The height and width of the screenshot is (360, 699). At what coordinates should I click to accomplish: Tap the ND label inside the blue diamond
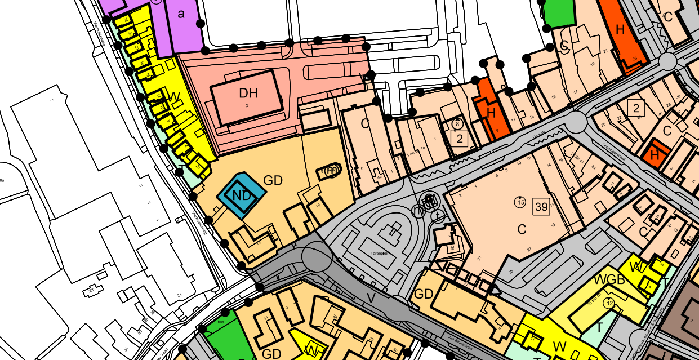click(x=241, y=195)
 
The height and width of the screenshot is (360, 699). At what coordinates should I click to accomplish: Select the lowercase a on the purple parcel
click(x=181, y=14)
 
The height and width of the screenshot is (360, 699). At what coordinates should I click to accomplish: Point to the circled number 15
click(x=519, y=201)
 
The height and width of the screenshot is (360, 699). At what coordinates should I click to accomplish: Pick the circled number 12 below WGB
click(x=609, y=303)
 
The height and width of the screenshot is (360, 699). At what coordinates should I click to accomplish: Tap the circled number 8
click(x=457, y=123)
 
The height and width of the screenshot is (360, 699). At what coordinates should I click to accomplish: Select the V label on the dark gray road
click(x=370, y=297)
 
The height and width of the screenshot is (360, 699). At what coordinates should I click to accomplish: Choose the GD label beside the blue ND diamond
click(x=273, y=181)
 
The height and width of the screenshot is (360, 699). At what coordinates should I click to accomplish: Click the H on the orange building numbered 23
click(x=621, y=31)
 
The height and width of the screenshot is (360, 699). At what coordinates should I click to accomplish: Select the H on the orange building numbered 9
click(x=491, y=113)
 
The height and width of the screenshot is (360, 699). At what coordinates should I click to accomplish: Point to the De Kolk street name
click(x=540, y=134)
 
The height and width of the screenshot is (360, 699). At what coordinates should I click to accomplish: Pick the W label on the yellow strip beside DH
click(x=175, y=98)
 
